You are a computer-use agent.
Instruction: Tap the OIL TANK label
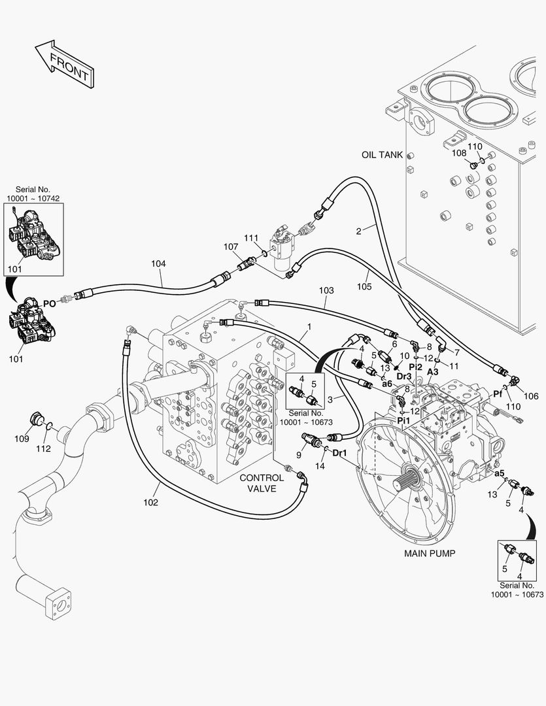[382, 155]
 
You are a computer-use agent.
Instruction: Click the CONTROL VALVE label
[262, 483]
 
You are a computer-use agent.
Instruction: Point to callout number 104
[158, 264]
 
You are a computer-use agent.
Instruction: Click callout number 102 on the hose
[150, 503]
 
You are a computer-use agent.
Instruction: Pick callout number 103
[326, 290]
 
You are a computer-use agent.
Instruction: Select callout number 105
[364, 286]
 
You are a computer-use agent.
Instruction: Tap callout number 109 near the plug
[22, 439]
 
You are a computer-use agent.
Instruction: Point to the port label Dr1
[340, 452]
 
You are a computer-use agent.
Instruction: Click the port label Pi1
[404, 420]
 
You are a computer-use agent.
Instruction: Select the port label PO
[49, 303]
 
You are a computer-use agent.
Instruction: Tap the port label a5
[500, 473]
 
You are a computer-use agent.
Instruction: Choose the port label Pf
[497, 394]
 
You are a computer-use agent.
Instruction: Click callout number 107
[230, 247]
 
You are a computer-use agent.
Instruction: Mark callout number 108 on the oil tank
[460, 153]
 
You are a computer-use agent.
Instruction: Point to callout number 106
[531, 396]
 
